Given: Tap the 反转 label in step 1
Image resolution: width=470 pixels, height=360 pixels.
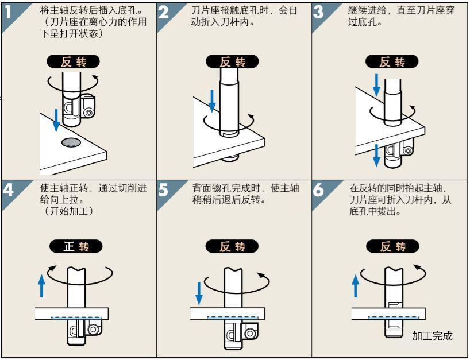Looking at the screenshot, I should coord(73,62).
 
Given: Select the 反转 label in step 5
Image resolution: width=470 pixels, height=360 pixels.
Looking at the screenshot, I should coord(232,247).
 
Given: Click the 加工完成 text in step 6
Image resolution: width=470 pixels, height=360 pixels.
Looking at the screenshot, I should coord(432,336).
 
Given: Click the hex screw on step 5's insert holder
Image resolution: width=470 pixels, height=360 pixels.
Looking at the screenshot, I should coord(249,333).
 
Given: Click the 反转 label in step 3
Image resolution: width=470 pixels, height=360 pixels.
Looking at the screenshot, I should coord(392,62).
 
